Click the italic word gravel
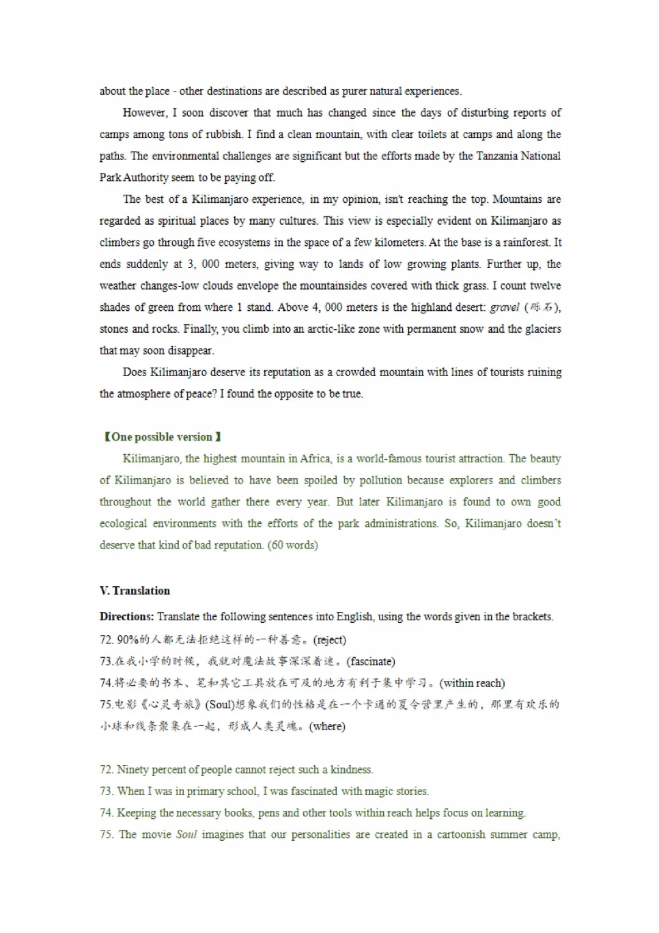tap(505, 308)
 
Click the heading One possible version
tap(162, 437)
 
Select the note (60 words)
tap(293, 545)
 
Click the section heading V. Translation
tap(135, 591)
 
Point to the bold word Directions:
tap(126, 617)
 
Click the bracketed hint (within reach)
tap(472, 683)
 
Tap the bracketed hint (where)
tap(327, 727)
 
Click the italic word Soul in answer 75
tap(186, 835)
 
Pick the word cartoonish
tap(461, 835)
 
